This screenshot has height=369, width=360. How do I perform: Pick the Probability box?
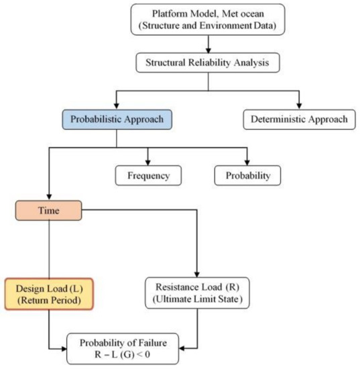248,175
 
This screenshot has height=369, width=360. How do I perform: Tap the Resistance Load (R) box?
196,291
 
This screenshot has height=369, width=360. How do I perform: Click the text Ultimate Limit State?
196,299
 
